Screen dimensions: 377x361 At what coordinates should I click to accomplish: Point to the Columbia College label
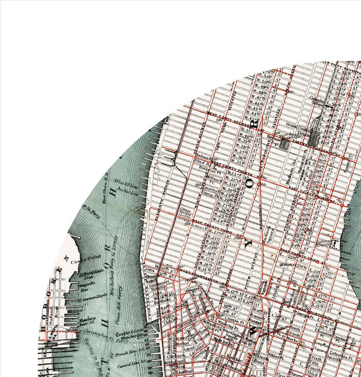pyautogui.click(x=317, y=100)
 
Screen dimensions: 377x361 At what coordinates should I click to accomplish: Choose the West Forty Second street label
pyautogui.click(x=222, y=117)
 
